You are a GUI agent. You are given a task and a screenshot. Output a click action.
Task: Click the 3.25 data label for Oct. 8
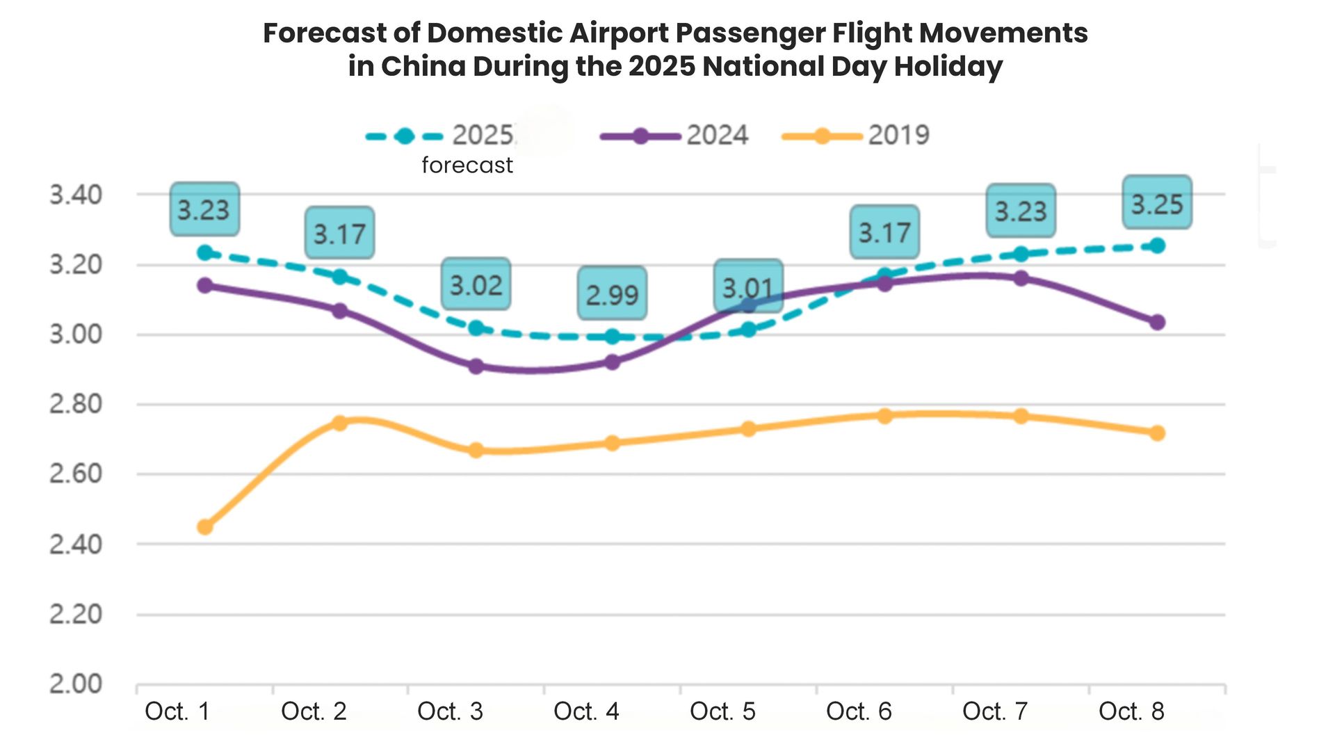(1157, 203)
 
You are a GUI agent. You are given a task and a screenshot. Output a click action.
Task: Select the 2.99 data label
(612, 294)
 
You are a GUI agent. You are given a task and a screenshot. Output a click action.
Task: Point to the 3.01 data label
(748, 287)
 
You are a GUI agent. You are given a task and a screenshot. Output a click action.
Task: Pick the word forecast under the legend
(467, 165)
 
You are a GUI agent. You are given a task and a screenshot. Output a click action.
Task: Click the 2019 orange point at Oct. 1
(204, 527)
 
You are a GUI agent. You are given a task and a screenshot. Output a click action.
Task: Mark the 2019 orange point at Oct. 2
(339, 423)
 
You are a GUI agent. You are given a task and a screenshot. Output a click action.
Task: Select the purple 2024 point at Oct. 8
(1157, 322)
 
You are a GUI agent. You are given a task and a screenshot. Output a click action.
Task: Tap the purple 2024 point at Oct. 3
(476, 366)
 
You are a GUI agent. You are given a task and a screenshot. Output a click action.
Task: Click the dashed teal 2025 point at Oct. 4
(612, 337)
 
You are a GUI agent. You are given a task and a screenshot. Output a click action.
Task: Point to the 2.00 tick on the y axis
(75, 684)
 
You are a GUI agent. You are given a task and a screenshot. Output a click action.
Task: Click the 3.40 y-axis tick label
(75, 195)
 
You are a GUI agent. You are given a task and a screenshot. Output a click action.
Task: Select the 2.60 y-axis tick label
(75, 474)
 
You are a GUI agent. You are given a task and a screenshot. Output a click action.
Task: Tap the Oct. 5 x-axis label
(722, 711)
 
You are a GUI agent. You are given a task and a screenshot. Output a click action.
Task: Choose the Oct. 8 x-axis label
(1131, 711)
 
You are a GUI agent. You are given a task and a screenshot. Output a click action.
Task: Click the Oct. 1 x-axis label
(177, 711)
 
